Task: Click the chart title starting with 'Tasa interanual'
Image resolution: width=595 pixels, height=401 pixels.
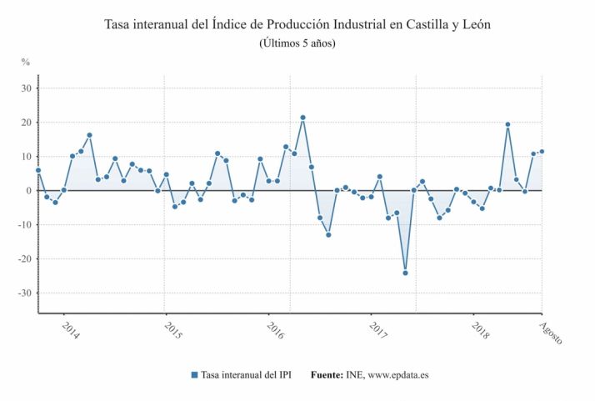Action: [x=297, y=24]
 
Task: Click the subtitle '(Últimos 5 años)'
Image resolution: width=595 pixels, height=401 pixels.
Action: [x=297, y=43]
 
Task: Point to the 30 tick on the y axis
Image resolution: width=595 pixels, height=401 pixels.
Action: [x=27, y=88]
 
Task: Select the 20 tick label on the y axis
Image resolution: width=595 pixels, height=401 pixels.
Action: [x=27, y=123]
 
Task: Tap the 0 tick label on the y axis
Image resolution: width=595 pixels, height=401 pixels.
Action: [x=29, y=191]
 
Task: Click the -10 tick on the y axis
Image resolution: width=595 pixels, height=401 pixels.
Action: [x=25, y=225]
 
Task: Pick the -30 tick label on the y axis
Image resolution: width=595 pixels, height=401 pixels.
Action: [x=25, y=293]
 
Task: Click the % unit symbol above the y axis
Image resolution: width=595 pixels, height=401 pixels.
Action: [x=26, y=63]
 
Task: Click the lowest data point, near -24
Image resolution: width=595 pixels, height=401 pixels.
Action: [x=405, y=273]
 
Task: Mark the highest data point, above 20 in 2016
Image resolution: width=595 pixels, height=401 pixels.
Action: [x=302, y=118]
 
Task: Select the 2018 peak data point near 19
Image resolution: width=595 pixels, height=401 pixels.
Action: [x=507, y=124]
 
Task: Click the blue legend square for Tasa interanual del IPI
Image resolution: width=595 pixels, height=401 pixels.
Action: [x=194, y=375]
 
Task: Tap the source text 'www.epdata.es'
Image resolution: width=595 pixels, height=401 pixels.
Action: [x=398, y=375]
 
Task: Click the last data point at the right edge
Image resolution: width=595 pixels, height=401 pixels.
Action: [x=542, y=152]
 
